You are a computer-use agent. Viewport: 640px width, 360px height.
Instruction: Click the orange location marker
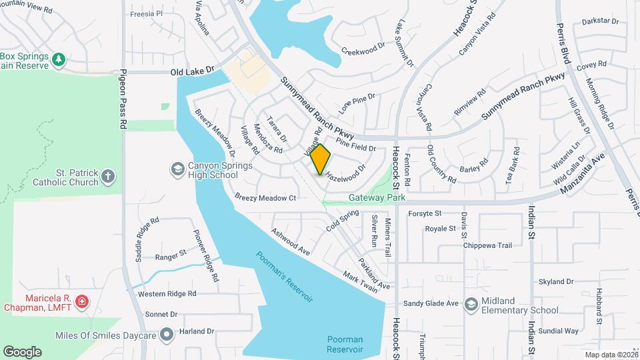coord(320,159)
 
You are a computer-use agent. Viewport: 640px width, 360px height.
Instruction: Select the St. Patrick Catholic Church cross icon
coord(109,177)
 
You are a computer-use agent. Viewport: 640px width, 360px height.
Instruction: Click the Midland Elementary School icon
coord(471,304)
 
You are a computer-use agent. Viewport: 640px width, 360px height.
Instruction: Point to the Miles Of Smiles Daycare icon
coord(167,333)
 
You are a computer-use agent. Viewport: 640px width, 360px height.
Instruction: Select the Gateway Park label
coord(377,199)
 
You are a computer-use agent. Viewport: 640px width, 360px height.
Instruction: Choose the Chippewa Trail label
coord(487,245)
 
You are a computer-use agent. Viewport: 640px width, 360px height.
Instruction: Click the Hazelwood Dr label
coord(345,173)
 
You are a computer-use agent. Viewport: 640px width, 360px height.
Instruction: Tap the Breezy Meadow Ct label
coord(265,197)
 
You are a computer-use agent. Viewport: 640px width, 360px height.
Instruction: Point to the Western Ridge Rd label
coord(167,293)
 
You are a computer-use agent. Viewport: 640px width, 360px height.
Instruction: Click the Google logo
coord(22,352)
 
